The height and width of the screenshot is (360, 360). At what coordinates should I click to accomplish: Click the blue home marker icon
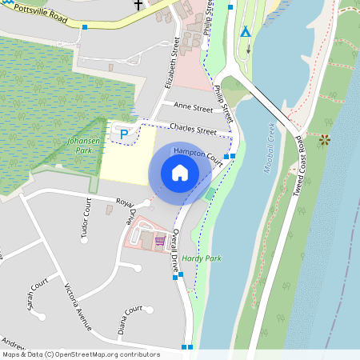180,172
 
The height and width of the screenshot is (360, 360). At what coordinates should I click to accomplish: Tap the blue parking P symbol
123,135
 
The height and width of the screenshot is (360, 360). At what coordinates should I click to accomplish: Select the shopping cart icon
160,239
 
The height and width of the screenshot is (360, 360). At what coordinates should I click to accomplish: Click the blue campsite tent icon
246,32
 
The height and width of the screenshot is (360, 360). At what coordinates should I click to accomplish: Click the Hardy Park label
197,258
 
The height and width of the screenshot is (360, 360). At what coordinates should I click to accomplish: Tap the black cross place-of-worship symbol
138,5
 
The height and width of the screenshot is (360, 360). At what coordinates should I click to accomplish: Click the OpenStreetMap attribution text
80,354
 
